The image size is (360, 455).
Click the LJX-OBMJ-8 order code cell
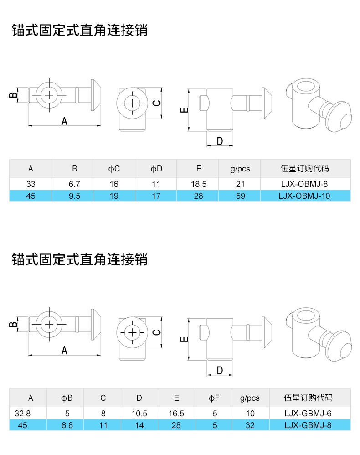tap(305, 184)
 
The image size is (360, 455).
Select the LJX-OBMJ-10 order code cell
tap(305, 196)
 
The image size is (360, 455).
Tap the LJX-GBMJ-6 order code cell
tap(308, 414)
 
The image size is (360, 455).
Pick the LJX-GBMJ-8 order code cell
tap(308, 425)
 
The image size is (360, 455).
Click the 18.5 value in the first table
tap(198, 184)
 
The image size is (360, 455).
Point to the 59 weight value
tap(240, 196)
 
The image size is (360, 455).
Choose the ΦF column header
tap(214, 398)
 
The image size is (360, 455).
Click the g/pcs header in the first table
tap(240, 169)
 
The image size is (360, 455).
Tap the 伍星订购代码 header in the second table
tap(308, 398)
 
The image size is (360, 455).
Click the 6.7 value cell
tap(74, 184)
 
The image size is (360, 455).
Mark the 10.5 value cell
tap(139, 414)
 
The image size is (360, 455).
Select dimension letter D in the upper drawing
tap(220, 141)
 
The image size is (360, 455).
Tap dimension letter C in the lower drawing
tap(156, 332)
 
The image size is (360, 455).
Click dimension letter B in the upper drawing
tap(14, 95)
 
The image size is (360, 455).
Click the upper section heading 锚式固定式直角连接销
tap(79, 31)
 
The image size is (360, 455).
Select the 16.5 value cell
tap(176, 414)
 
